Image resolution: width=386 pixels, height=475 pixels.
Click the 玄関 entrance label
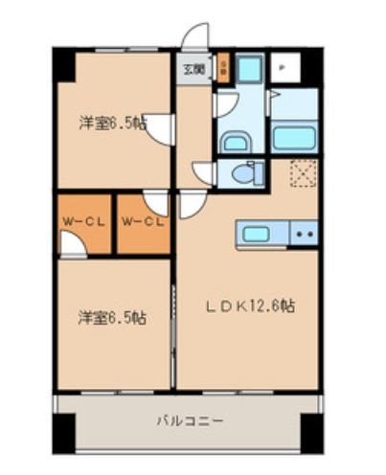pos(193,68)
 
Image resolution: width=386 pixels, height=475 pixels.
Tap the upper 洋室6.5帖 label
pos(112,123)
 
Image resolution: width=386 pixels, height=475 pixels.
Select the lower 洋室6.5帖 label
pos(112,317)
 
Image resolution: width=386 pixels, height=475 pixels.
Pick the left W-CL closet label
pos(83,222)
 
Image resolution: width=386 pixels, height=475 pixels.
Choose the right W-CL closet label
pos(142,222)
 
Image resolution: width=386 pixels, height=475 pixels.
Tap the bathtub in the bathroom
pos(294,136)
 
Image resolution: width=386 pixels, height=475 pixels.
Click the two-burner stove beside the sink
pos(304,233)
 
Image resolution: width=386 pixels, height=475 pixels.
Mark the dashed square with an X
pos(304,173)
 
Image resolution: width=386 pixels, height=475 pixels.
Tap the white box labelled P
pos(283,68)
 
